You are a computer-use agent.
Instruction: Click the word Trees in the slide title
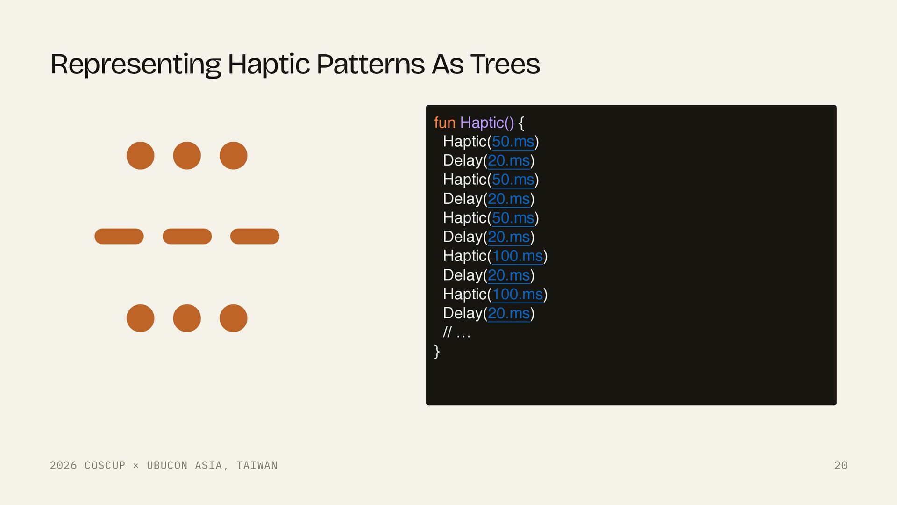coord(505,64)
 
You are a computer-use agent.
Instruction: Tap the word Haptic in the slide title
coord(269,64)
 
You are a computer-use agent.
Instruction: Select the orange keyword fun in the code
coord(445,123)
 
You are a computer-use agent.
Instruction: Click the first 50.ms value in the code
coord(513,142)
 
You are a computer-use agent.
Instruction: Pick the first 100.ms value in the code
coord(518,256)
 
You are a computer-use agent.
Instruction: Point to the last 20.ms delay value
coord(509,313)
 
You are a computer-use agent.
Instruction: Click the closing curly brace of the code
coord(437,351)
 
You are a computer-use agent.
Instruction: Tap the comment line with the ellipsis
coord(456,332)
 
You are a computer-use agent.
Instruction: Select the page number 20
coord(841,465)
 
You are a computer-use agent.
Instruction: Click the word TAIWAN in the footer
coord(257,465)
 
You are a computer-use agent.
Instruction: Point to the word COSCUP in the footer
coord(105,465)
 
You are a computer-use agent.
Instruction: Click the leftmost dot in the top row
coord(141,156)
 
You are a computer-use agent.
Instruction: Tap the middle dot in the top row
coord(187,156)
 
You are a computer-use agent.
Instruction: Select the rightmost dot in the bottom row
coord(234,318)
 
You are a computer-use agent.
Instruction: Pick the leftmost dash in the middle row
coord(119,237)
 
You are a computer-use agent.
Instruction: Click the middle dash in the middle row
coord(187,237)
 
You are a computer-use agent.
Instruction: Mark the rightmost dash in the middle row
coord(255,237)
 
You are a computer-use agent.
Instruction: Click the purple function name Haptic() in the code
coord(487,123)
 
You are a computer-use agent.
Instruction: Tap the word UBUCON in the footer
coord(167,465)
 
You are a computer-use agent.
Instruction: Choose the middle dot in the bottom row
coord(187,318)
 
